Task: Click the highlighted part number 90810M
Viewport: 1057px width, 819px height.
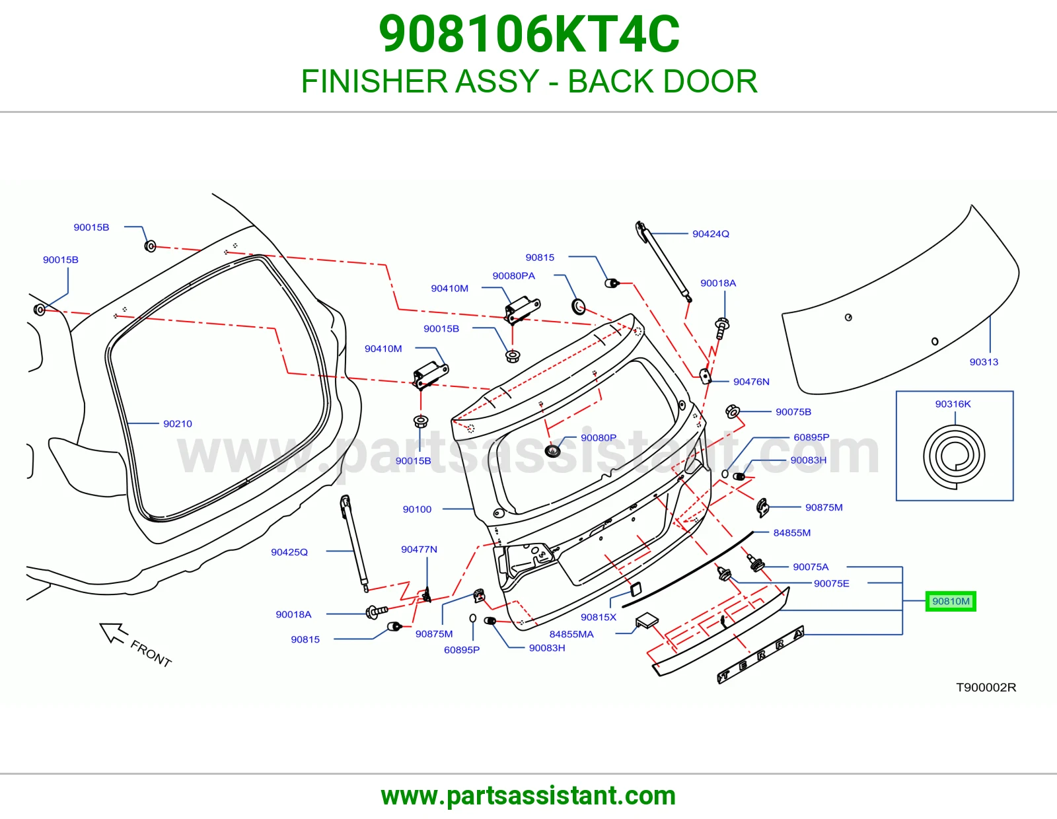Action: pos(951,601)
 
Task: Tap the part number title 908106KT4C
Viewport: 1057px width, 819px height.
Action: pos(528,34)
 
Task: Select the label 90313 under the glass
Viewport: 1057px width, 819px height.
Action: pos(984,362)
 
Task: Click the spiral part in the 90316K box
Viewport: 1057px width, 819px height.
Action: pos(954,456)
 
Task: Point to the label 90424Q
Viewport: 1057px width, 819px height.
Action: pos(711,234)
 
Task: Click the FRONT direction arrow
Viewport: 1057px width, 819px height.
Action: pos(114,633)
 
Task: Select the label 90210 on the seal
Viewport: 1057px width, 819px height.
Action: pos(178,423)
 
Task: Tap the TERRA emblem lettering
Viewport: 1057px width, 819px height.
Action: pos(761,655)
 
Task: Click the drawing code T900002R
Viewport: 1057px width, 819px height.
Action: pos(986,687)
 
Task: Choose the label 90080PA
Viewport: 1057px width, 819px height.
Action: pos(514,276)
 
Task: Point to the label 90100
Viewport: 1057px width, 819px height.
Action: pos(417,509)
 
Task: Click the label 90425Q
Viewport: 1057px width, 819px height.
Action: pos(289,552)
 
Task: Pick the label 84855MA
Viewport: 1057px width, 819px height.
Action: pos(571,634)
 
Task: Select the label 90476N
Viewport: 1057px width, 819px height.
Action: pos(751,382)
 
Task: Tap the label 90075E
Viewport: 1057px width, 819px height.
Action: pos(831,584)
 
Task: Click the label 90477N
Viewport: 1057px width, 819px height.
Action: pos(419,549)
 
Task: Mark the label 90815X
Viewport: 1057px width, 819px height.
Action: pos(599,617)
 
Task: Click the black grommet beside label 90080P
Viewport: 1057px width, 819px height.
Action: pos(552,451)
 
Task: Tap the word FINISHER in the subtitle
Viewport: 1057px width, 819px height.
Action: pos(371,81)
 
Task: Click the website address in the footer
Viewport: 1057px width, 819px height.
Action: pos(528,796)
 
